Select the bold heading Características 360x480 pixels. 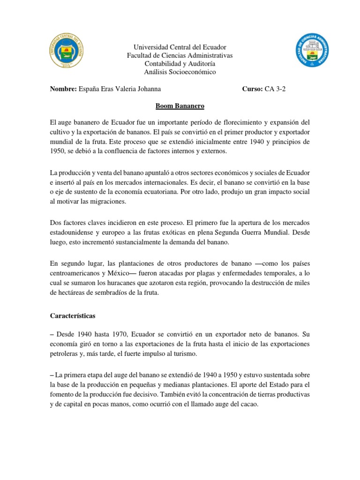pos(73,316)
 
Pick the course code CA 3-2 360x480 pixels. pos(275,89)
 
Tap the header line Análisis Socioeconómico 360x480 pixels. pos(180,72)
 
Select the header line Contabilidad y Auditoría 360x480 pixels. pos(180,63)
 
